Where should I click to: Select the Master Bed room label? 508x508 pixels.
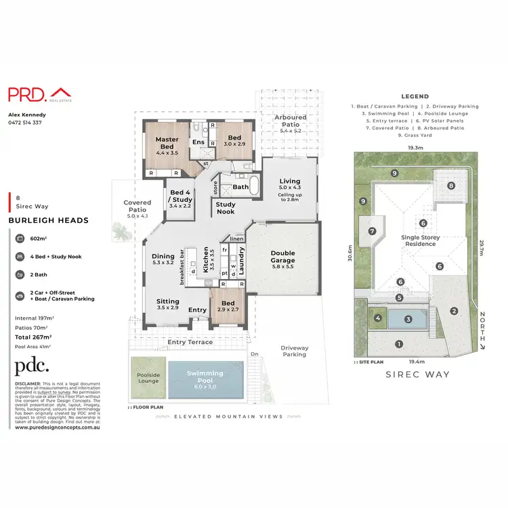[167, 143]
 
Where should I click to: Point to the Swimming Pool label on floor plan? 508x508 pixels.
[205, 377]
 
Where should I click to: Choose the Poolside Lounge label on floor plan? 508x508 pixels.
[148, 377]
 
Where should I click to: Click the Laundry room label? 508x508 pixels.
[240, 259]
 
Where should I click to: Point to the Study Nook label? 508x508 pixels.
[226, 208]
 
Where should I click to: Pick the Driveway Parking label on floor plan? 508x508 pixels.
[295, 351]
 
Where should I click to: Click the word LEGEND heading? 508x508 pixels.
[415, 97]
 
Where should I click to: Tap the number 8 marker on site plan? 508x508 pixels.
[451, 186]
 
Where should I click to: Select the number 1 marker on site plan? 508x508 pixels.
[400, 344]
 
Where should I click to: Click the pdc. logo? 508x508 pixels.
[32, 366]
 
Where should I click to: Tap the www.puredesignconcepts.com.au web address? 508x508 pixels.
[58, 427]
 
